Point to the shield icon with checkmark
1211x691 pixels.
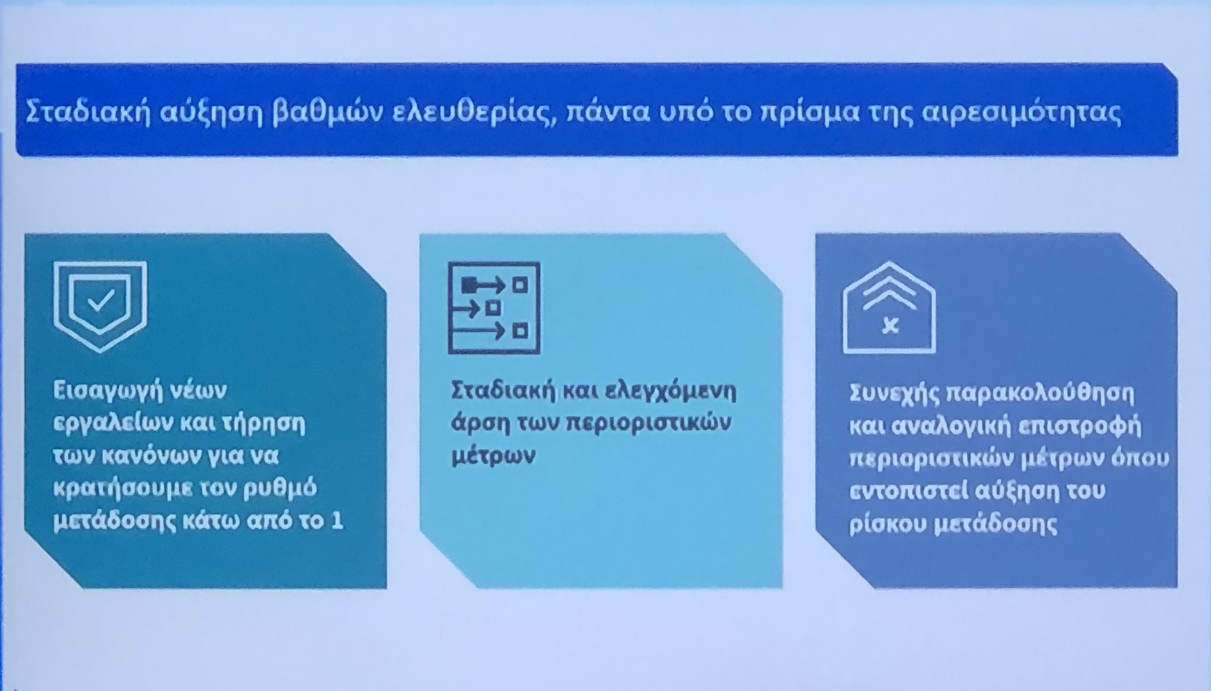point(100,307)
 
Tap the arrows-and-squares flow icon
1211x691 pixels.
point(494,307)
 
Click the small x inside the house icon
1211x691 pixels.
point(890,326)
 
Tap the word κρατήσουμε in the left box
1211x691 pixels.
point(122,489)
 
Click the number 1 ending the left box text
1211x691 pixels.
point(337,521)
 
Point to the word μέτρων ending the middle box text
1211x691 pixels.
point(493,456)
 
